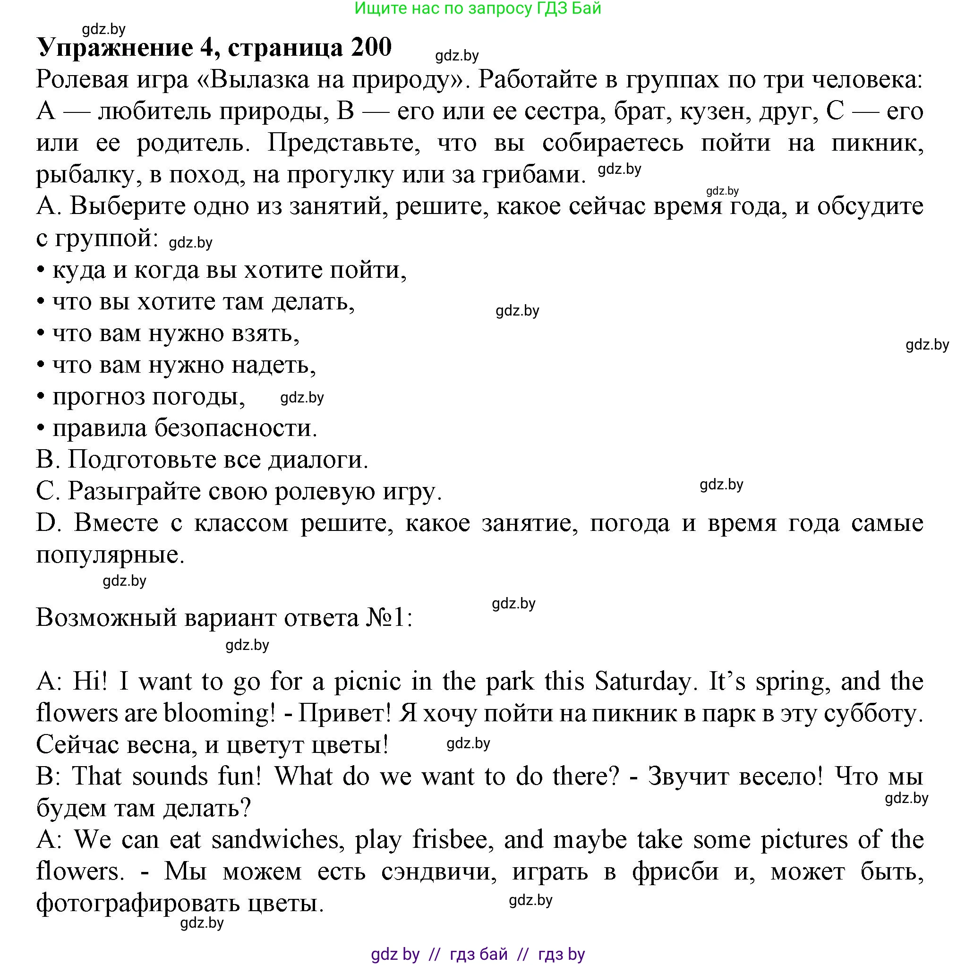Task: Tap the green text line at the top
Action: [x=478, y=9]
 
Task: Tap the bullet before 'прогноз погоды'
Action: [x=41, y=397]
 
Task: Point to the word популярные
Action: [x=111, y=555]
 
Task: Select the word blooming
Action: [x=219, y=713]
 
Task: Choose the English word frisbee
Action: [x=453, y=840]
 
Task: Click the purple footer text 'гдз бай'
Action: [x=478, y=955]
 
